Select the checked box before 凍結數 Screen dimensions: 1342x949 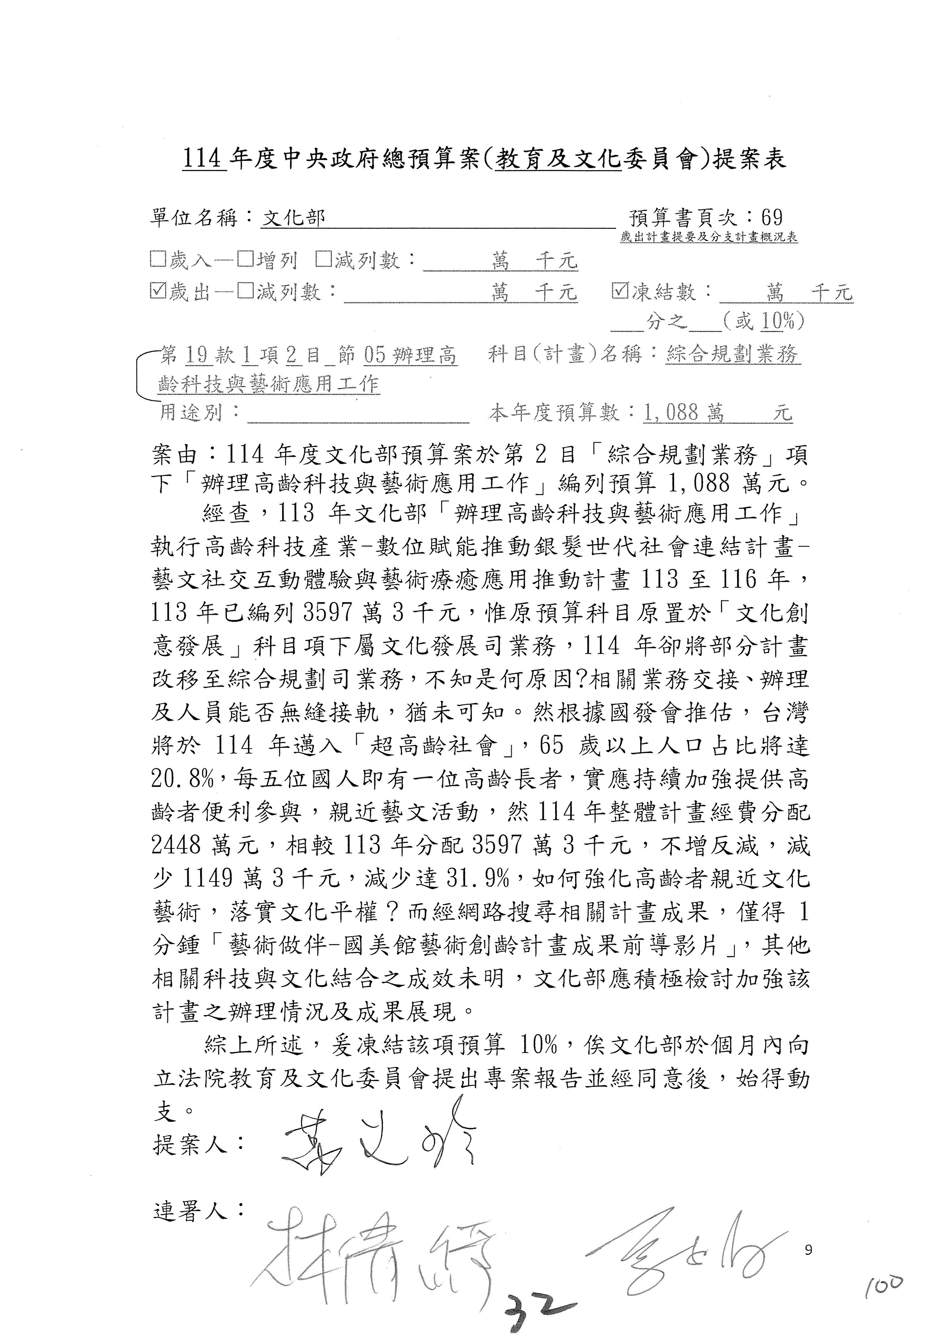(619, 290)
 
